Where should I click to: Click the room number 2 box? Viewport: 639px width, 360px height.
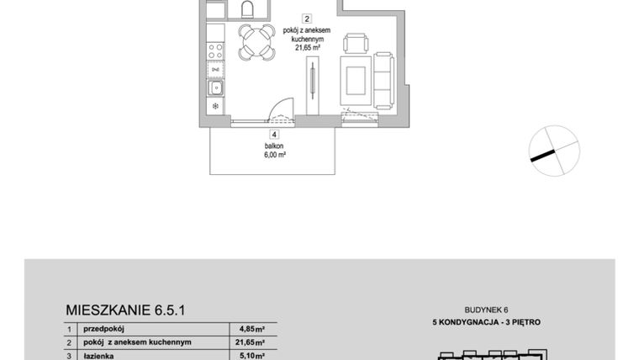point(308,18)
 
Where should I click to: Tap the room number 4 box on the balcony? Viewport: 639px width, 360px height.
point(274,134)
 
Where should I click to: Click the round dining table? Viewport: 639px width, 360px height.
point(256,42)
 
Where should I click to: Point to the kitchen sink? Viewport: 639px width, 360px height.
point(216,87)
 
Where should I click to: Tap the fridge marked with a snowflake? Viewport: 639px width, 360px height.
point(216,106)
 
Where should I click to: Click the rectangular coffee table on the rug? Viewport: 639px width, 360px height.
point(351,80)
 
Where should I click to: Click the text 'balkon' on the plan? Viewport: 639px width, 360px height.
point(274,146)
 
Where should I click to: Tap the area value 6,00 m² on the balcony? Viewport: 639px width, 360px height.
point(274,155)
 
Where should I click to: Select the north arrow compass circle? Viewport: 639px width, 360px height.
point(554,150)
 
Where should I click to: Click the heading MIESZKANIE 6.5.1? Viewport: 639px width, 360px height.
point(125,310)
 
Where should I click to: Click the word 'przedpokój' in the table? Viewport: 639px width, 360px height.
point(103,330)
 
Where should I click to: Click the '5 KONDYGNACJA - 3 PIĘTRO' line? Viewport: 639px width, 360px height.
point(486,322)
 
